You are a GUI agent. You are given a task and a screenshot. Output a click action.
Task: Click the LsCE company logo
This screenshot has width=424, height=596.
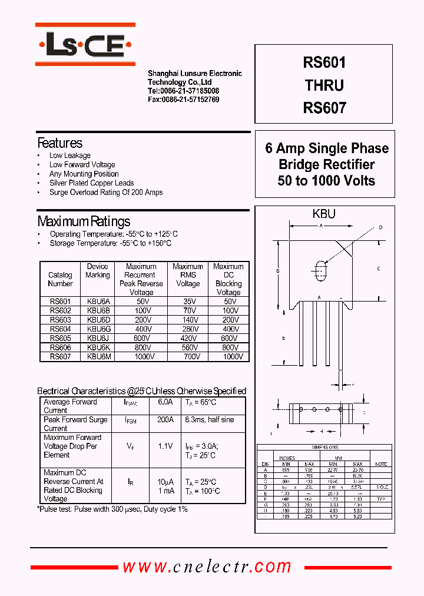tap(85, 44)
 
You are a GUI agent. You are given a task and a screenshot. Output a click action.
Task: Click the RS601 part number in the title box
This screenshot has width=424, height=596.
tap(324, 62)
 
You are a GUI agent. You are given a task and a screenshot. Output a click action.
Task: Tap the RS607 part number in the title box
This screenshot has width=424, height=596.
tap(324, 108)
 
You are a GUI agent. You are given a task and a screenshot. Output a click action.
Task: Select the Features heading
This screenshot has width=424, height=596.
tap(60, 143)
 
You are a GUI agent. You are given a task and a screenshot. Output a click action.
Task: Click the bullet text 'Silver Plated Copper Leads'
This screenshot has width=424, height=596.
tap(91, 183)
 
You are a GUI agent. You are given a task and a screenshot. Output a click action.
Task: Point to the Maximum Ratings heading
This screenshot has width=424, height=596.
tap(84, 221)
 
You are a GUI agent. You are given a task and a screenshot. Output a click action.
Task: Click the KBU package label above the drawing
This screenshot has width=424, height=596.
tap(324, 214)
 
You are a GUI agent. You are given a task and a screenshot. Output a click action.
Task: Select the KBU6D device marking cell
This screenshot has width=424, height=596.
tap(98, 320)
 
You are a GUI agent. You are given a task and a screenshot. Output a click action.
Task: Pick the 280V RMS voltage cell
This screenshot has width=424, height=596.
tap(188, 329)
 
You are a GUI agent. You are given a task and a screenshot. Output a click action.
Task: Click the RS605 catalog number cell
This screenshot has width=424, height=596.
tap(60, 338)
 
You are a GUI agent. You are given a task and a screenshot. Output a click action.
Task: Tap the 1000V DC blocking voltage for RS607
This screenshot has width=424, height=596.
tap(228, 356)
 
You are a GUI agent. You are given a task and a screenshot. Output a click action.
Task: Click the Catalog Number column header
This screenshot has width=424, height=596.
tap(60, 279)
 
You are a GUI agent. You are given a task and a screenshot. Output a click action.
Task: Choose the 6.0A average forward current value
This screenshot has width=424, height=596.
tap(165, 402)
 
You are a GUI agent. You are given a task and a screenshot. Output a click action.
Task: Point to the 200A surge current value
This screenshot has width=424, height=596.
tap(165, 420)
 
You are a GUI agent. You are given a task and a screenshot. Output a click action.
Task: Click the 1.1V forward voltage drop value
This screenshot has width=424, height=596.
tap(165, 446)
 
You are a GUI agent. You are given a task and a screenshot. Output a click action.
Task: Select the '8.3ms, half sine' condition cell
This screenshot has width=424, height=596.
tap(209, 420)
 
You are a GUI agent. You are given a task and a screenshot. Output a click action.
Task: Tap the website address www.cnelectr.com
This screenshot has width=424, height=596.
tap(207, 567)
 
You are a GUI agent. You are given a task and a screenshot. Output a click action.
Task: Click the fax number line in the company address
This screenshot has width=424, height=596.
tap(183, 100)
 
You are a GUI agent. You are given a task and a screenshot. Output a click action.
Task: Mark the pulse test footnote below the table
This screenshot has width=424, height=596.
tap(112, 509)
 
